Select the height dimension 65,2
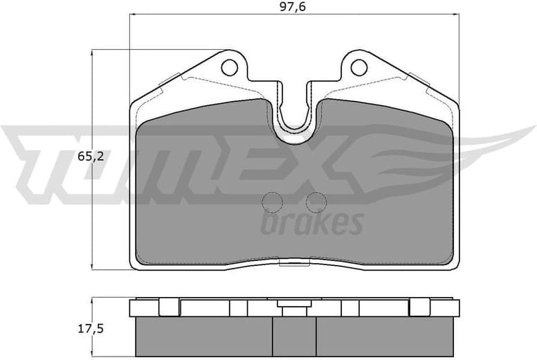91,157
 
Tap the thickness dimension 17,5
91,329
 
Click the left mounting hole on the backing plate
229,67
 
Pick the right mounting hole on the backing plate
358,67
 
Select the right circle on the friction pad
316,202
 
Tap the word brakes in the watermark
311,224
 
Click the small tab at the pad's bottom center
295,263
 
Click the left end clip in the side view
168,307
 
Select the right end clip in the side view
419,307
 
